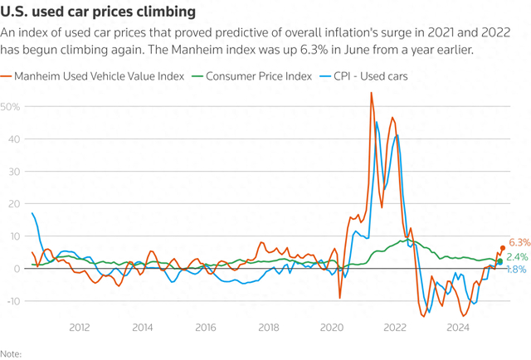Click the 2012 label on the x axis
click(79, 328)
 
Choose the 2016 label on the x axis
click(205, 328)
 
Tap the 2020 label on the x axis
click(331, 328)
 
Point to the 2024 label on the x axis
click(457, 328)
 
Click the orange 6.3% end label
click(518, 242)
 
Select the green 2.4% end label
click(518, 257)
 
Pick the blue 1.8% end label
click(516, 270)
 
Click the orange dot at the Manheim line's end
click(503, 248)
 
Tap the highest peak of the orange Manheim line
click(372, 92)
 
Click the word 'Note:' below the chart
click(11, 353)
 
